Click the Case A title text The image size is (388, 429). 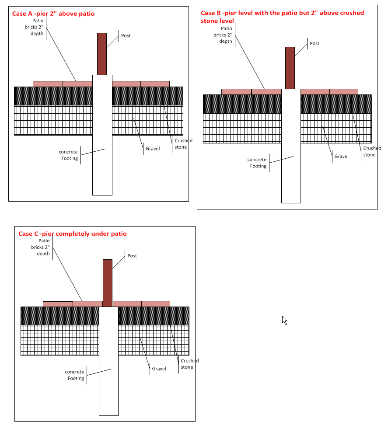coord(53,14)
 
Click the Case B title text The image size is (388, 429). coord(282,17)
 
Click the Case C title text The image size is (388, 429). coord(72,234)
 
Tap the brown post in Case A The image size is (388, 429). coord(102,54)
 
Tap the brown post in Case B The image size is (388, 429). coord(290,68)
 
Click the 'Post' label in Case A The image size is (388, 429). coord(126,35)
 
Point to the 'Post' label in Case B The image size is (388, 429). coord(315,43)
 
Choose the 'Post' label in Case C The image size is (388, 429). coord(132,256)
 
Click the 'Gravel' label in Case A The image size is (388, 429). coord(153,149)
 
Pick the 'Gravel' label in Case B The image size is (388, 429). coord(341,156)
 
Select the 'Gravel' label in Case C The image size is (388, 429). coord(159,369)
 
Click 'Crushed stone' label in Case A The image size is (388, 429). coord(183,144)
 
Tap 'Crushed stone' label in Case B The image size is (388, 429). coord(372,151)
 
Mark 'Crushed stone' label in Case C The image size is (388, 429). coord(190,364)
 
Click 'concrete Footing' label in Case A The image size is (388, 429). coord(69,155)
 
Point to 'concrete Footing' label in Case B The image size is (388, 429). coord(257,163)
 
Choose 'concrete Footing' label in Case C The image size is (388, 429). coord(75,375)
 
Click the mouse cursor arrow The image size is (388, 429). coord(284,320)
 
